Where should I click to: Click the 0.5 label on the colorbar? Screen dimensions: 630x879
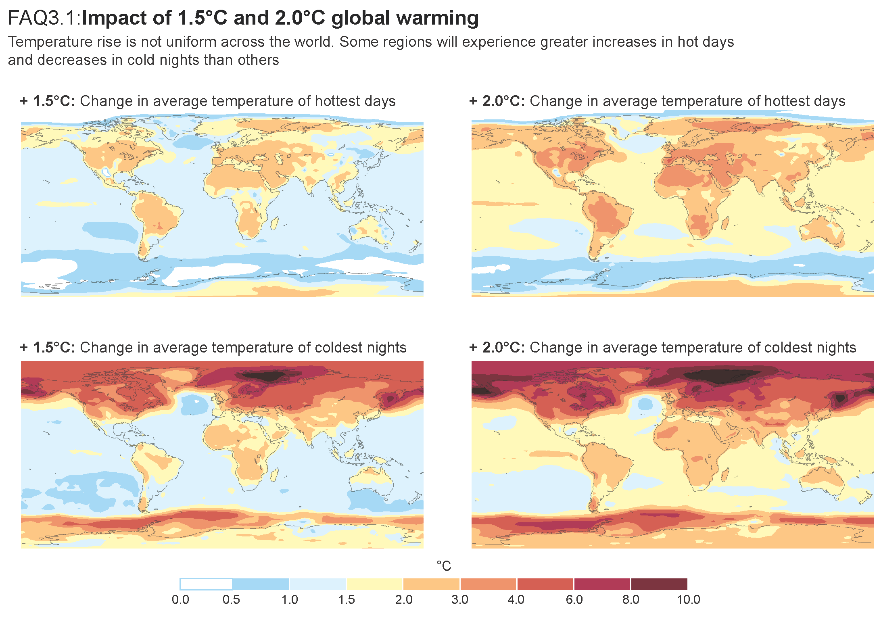(231, 599)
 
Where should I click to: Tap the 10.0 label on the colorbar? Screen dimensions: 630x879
(688, 599)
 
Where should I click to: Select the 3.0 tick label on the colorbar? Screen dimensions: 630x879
(460, 599)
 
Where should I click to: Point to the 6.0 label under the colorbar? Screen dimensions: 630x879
(574, 599)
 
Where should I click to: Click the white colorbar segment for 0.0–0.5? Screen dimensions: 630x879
(206, 584)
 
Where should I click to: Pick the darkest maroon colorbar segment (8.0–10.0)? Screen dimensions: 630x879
(659, 584)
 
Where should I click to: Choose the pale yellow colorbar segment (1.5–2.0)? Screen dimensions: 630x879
(375, 584)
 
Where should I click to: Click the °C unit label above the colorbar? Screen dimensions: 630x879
(444, 566)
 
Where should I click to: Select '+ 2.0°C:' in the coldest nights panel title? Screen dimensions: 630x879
(497, 347)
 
